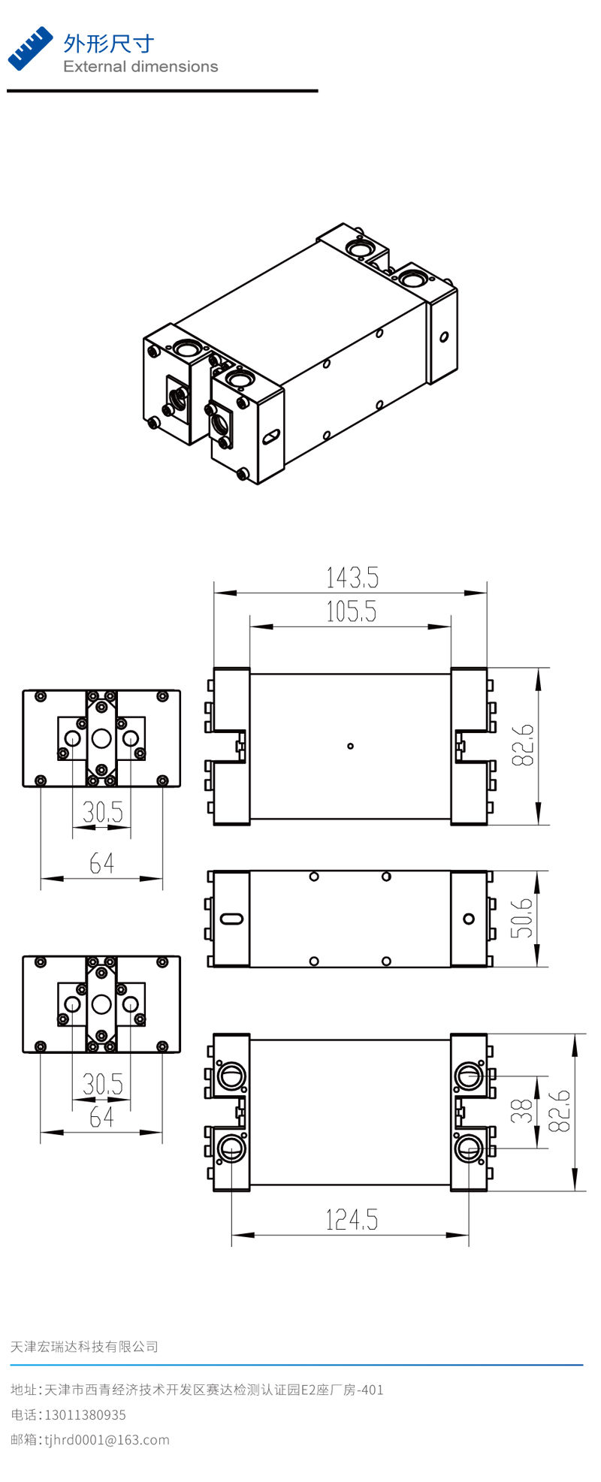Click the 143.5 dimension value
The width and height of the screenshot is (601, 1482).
pos(352,578)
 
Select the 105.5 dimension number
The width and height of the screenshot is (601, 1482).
pos(351,612)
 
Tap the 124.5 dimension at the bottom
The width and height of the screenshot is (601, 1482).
pos(352,1219)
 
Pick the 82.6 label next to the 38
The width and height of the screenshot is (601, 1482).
pos(560,1111)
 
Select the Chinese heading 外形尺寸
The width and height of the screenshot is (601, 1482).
pos(109,44)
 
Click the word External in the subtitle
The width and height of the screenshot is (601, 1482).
pos(95,67)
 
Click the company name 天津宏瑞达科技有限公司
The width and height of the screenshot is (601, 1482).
pos(84,1347)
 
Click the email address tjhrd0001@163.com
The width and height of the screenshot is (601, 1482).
pos(107,1440)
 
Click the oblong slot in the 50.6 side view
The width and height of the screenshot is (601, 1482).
pos(231,918)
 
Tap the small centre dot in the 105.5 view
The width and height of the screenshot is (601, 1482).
pos(350,746)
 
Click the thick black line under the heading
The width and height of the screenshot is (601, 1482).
pos(162,91)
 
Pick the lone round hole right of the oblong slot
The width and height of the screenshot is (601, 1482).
pos(469,918)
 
